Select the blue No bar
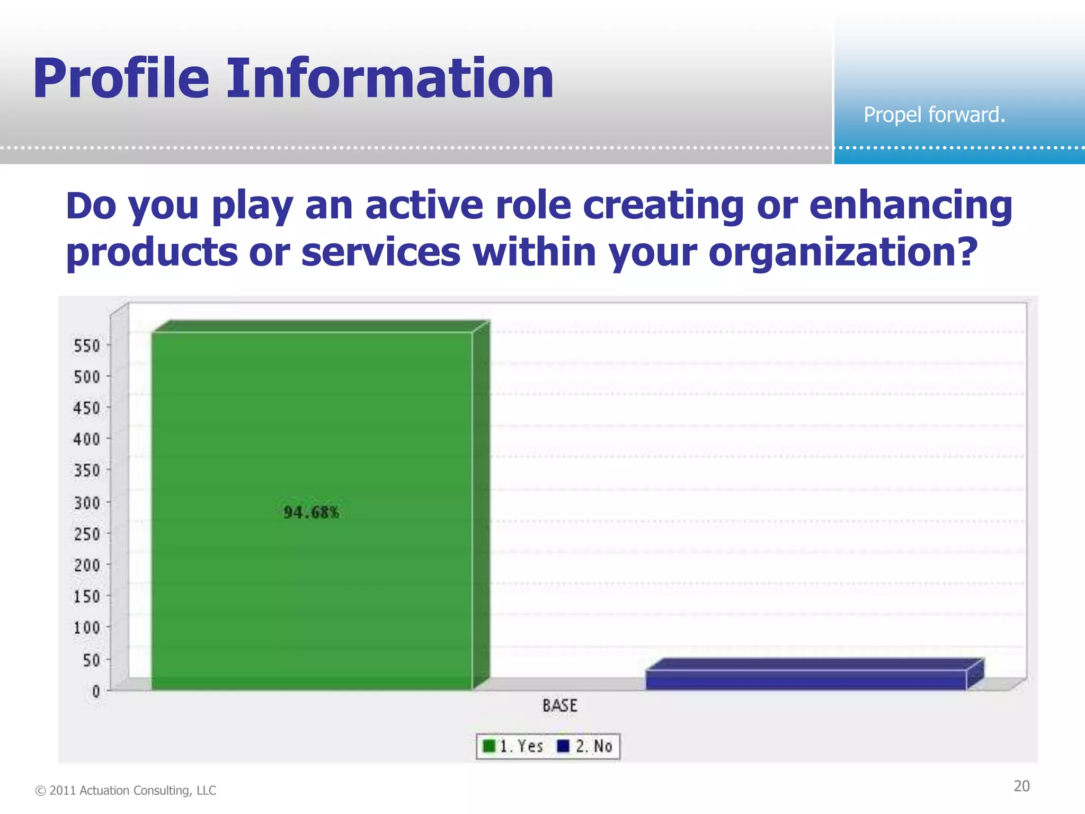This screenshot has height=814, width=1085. pos(805,679)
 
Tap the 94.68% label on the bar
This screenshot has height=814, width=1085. pos(312,512)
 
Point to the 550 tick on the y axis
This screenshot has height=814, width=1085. pos(87,346)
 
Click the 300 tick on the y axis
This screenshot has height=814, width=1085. pos(87,502)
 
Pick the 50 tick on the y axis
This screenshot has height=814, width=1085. pos(91,660)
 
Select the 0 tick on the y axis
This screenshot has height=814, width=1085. pos(96,691)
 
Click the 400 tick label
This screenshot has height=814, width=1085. pos(87,439)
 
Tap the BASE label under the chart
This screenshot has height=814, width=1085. pos(559,706)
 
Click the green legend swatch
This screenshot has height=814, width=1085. pos(489,746)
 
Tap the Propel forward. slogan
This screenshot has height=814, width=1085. pos(934,114)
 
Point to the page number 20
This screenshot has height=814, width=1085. pos(1021,786)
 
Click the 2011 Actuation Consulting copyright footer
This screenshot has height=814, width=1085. pos(126,790)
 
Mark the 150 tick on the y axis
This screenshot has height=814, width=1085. pos(87,597)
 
